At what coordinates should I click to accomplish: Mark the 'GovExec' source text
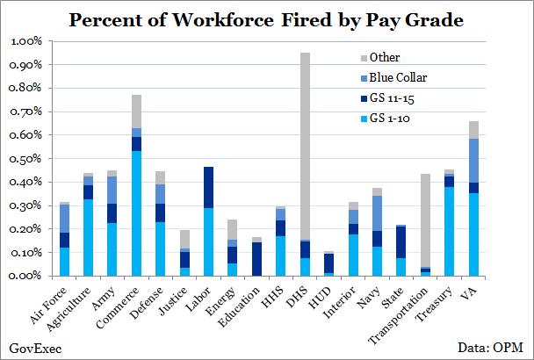(30, 348)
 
